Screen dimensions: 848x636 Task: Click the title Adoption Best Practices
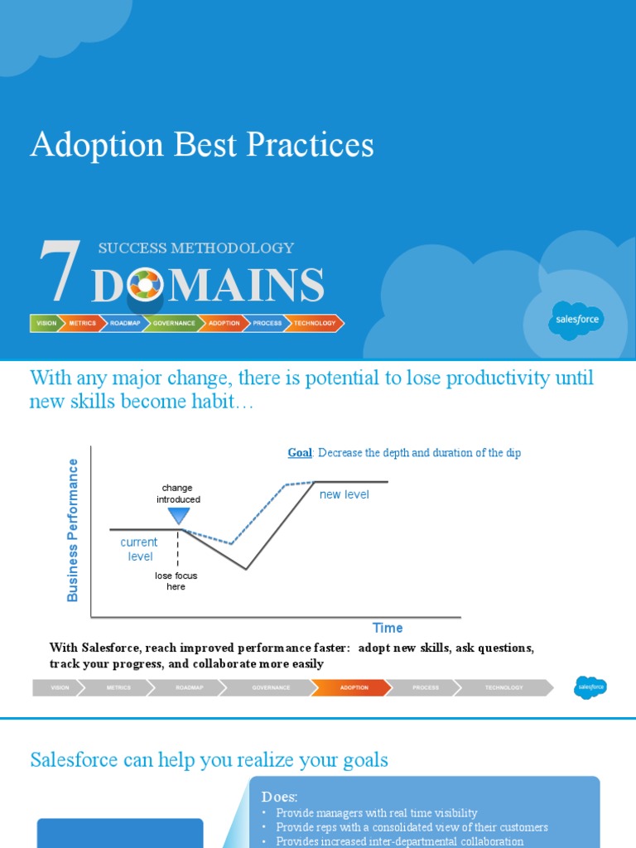click(x=202, y=146)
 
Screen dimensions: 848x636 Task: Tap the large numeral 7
click(x=60, y=271)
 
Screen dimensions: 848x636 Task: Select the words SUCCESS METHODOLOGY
click(x=195, y=248)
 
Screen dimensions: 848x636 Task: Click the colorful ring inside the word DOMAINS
click(x=145, y=286)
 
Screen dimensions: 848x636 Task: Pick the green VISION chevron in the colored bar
click(x=46, y=323)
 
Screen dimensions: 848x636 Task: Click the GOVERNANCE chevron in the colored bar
click(x=173, y=323)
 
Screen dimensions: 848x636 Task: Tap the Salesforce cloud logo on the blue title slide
click(x=577, y=320)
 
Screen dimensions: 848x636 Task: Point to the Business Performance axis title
click(x=73, y=530)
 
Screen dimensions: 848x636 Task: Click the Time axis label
click(x=388, y=628)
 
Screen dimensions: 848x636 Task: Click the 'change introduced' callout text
click(x=178, y=494)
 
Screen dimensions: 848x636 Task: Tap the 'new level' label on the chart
click(x=344, y=494)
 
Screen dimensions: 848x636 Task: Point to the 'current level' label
click(x=139, y=549)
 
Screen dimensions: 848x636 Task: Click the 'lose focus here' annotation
click(x=176, y=581)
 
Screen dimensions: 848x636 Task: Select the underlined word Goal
click(x=299, y=453)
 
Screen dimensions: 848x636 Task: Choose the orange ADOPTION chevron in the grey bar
click(x=353, y=687)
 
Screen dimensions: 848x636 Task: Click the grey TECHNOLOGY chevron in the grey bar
click(x=503, y=687)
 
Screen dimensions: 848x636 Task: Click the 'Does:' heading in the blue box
click(x=279, y=797)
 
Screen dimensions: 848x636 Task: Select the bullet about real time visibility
click(x=377, y=813)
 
